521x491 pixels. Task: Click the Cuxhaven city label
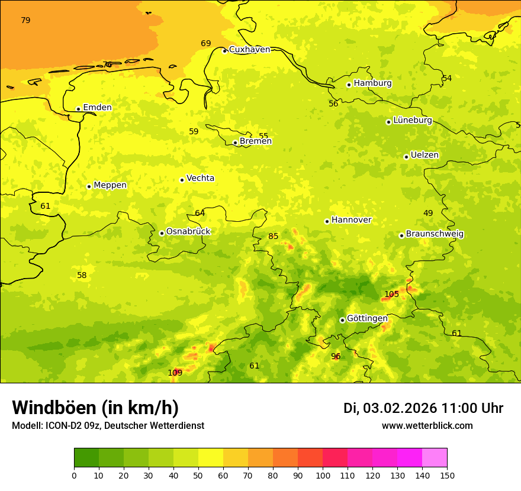point(249,50)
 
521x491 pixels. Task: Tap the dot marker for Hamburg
point(349,85)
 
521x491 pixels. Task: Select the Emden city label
point(97,108)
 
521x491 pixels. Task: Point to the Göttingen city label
point(367,318)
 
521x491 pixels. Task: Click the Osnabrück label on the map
point(188,231)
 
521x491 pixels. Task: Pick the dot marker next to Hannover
point(327,221)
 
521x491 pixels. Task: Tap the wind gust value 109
point(175,373)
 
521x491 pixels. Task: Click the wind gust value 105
point(392,294)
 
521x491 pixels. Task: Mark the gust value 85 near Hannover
point(273,236)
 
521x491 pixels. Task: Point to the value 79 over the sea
point(25,20)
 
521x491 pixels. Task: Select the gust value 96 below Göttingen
point(336,356)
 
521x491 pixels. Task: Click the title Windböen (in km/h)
point(95,408)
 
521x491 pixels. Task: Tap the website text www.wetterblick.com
point(427,426)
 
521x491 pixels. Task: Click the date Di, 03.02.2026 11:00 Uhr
point(423,408)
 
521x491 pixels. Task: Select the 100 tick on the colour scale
point(323,475)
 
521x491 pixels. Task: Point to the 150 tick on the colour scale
point(447,475)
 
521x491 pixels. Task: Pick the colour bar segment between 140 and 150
point(435,457)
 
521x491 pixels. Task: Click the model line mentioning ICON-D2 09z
point(108,426)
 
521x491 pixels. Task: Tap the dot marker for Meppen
point(89,186)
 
